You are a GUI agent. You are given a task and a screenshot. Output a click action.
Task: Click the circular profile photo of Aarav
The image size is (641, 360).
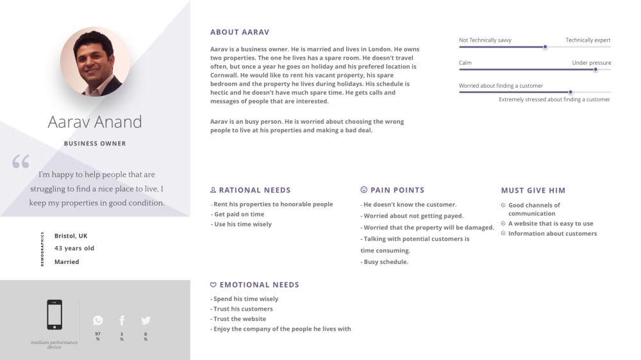pyautogui.click(x=95, y=61)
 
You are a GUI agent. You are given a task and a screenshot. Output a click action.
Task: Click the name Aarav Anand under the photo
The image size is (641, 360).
pyautogui.click(x=95, y=122)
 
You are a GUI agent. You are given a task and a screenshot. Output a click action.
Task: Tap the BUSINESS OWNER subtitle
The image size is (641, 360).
pyautogui.click(x=95, y=143)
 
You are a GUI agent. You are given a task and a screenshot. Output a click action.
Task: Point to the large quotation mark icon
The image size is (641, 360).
pyautogui.click(x=21, y=161)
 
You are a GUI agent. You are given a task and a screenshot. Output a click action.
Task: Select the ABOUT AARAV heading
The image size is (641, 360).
pyautogui.click(x=239, y=32)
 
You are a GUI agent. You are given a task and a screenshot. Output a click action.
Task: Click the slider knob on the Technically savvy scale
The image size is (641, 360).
pyautogui.click(x=545, y=47)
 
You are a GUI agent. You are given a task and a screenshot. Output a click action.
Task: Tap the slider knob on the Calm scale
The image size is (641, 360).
pyautogui.click(x=595, y=69)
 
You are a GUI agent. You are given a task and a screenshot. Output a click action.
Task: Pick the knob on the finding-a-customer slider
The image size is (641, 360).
pyautogui.click(x=570, y=92)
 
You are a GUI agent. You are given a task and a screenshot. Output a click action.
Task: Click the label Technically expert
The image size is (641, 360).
pyautogui.click(x=588, y=40)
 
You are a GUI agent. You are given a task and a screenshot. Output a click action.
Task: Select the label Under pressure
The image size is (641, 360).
pyautogui.click(x=591, y=63)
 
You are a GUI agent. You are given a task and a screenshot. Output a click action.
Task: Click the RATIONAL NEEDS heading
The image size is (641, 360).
pyautogui.click(x=254, y=190)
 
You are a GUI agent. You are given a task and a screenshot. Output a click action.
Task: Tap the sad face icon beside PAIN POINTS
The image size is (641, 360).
pyautogui.click(x=364, y=190)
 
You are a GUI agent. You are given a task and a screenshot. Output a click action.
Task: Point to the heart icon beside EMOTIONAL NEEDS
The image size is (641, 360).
pyautogui.click(x=213, y=284)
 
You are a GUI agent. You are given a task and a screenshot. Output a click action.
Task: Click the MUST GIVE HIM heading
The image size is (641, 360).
pyautogui.click(x=533, y=190)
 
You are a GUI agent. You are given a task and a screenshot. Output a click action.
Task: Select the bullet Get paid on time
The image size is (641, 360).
pyautogui.click(x=239, y=215)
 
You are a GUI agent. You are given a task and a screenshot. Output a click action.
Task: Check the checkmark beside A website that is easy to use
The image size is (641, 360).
pyautogui.click(x=503, y=224)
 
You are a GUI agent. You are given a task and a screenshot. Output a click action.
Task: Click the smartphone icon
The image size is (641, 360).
pyautogui.click(x=54, y=315)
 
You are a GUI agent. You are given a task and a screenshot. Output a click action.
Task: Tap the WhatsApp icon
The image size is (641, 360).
pyautogui.click(x=97, y=320)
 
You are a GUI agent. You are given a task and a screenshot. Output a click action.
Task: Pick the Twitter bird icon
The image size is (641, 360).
pyautogui.click(x=146, y=320)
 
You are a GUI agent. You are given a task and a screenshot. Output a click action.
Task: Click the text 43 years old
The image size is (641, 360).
pyautogui.click(x=74, y=249)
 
